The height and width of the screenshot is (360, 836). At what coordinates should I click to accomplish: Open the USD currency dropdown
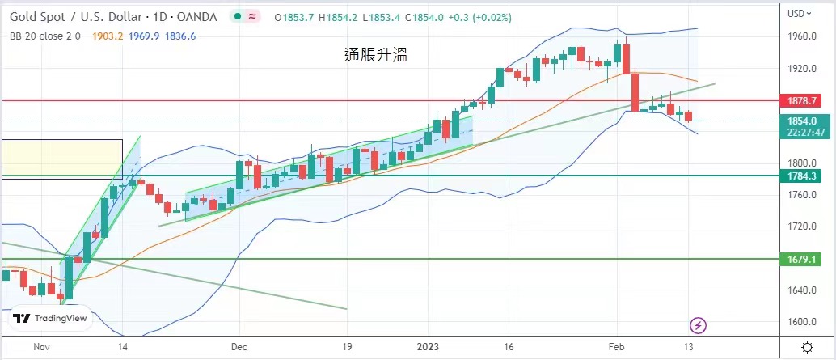[799, 13]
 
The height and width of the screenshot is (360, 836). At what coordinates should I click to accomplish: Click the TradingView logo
[50, 319]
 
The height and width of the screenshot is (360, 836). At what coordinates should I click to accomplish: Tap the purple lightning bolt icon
[698, 325]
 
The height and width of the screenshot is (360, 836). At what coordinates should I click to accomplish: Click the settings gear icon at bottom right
[807, 346]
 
